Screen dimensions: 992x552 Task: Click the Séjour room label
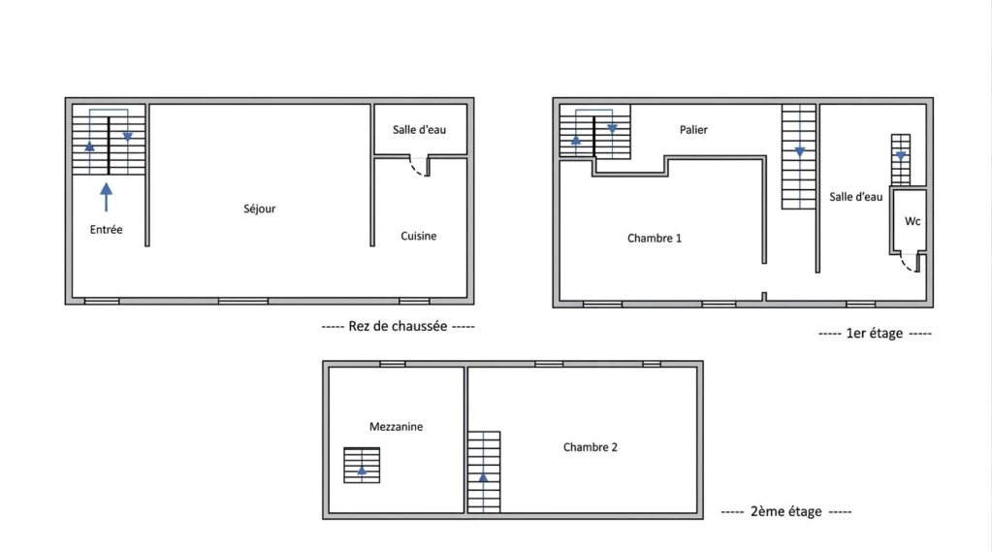click(x=259, y=209)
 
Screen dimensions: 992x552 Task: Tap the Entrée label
click(x=107, y=230)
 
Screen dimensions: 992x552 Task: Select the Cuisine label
click(x=418, y=236)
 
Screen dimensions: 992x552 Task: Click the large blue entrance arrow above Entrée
click(x=107, y=197)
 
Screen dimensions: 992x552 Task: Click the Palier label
click(x=693, y=130)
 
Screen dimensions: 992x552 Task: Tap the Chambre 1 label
click(x=655, y=239)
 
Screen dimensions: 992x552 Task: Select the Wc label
click(x=912, y=221)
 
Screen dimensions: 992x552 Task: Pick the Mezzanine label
click(x=396, y=427)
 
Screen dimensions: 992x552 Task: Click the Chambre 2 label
click(x=591, y=447)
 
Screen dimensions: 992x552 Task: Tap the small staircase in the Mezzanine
click(x=362, y=466)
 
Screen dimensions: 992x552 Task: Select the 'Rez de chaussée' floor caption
click(x=398, y=326)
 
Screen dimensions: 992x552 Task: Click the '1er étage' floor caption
click(x=875, y=333)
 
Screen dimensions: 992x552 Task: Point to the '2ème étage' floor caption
click(x=786, y=511)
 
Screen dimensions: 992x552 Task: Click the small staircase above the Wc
click(x=901, y=159)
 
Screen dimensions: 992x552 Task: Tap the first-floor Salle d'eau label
click(x=856, y=197)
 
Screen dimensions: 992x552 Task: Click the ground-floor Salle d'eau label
click(x=420, y=130)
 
